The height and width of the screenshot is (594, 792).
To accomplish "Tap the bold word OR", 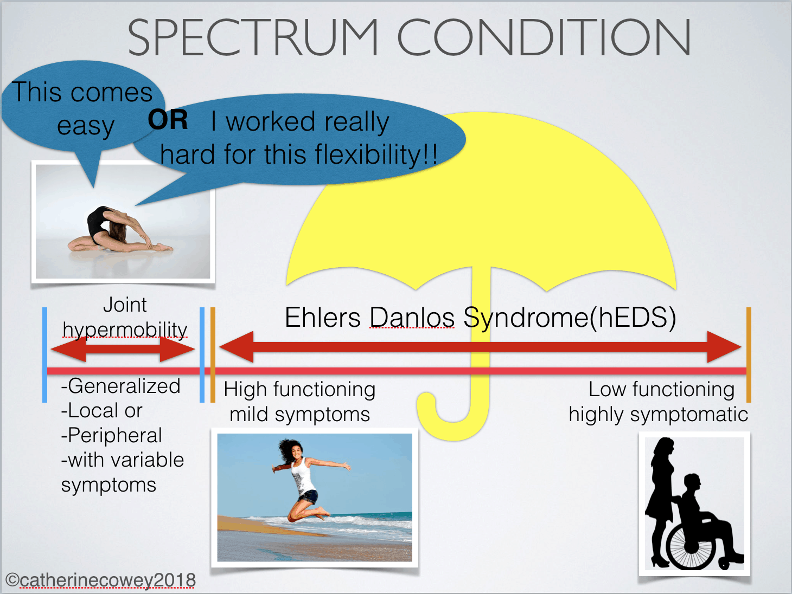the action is click(x=168, y=120).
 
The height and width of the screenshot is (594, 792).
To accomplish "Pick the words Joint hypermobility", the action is click(x=125, y=318).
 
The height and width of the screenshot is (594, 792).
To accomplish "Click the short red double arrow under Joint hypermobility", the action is click(x=123, y=350).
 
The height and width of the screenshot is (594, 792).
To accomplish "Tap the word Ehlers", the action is click(x=323, y=318).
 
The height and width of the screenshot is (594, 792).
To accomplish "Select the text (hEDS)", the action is click(x=633, y=318).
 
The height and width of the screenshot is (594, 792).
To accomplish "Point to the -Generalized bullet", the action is click(x=120, y=386).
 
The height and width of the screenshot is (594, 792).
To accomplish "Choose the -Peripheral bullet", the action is click(x=111, y=435).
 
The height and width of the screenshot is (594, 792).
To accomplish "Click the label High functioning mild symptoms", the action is click(x=299, y=402).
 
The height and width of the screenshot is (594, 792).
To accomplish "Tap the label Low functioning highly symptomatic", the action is click(x=659, y=402).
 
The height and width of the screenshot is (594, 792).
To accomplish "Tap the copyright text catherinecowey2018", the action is click(x=101, y=580).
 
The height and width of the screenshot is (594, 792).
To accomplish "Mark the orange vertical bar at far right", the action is click(x=749, y=355).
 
